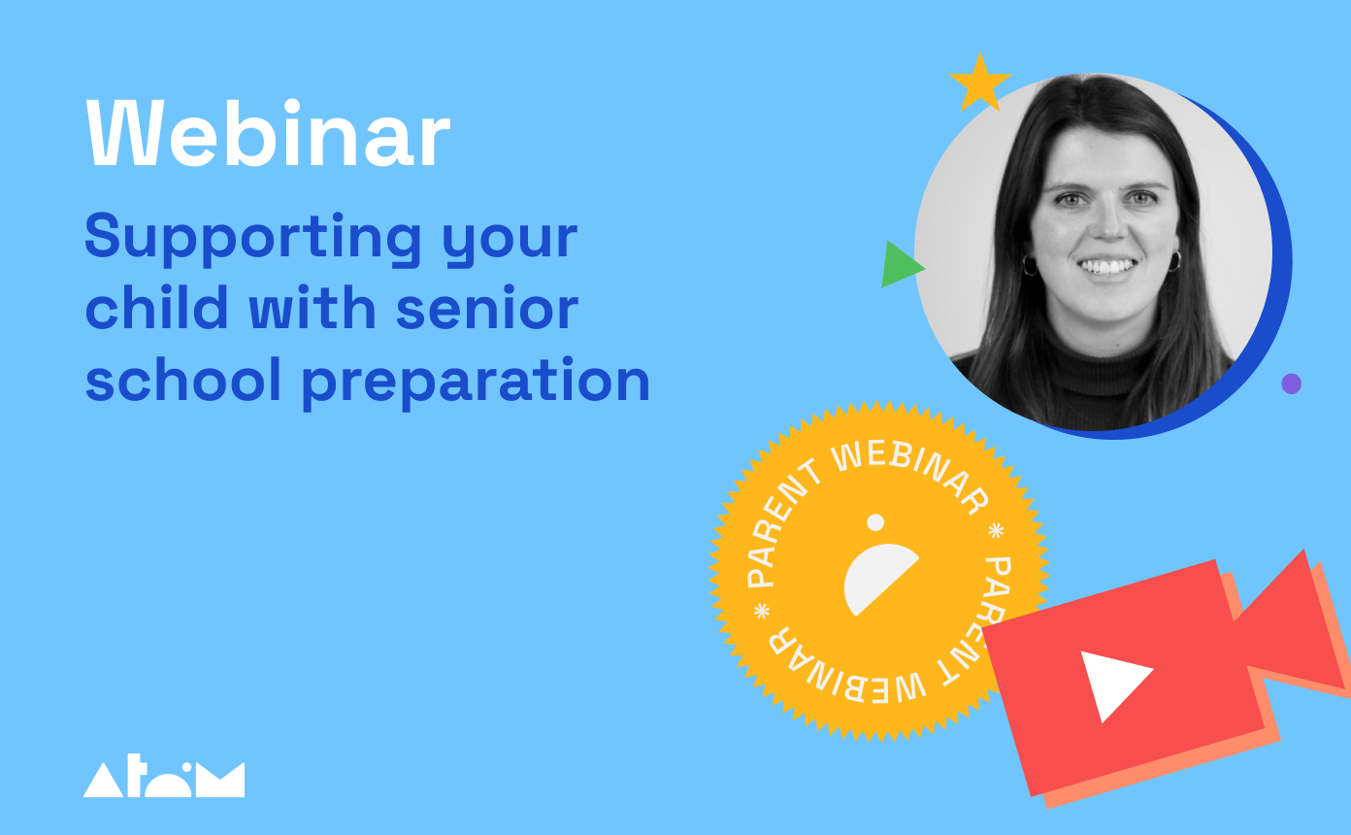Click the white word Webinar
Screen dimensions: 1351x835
pos(268,134)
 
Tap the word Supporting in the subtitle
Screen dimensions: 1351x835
pos(252,238)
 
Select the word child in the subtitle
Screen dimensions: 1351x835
pos(157,307)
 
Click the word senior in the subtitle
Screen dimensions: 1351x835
pos(487,308)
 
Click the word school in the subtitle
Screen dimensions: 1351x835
pos(183,379)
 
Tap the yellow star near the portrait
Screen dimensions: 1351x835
pos(979,83)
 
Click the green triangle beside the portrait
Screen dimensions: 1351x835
pos(900,264)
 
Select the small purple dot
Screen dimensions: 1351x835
pos(1291,384)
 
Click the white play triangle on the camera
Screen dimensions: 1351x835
pos(1111,682)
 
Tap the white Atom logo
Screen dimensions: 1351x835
pos(164,776)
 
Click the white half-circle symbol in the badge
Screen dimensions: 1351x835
pos(877,580)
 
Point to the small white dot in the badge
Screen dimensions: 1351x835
pos(875,522)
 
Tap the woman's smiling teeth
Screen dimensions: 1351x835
pos(1106,266)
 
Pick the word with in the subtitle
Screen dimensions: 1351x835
pos(313,307)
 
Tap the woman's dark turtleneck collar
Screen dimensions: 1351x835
pos(1104,362)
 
